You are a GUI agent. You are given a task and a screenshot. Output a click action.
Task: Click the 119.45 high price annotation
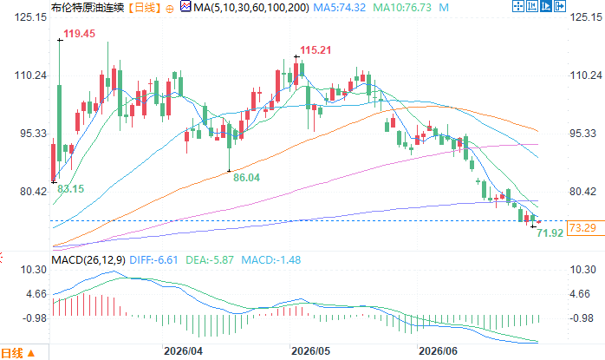79,34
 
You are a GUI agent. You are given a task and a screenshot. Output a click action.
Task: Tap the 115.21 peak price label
316,50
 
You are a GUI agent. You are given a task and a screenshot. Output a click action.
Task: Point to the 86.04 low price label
246,178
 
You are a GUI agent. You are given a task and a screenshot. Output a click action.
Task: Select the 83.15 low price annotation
70,189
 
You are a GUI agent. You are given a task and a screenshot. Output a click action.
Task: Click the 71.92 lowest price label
550,233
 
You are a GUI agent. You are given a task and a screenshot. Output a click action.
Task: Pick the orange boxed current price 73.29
582,228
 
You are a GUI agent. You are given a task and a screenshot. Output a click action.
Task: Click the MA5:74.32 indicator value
339,7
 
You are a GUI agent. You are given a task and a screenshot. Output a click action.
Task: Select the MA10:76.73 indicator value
402,7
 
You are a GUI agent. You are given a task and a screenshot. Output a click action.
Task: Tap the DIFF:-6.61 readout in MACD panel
153,260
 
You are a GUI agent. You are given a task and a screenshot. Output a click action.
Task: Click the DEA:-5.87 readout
210,260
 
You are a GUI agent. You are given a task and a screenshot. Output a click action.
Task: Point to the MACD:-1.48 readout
270,260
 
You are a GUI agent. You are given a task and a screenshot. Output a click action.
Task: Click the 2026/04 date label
183,351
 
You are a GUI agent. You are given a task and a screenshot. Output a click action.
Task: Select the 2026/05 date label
310,351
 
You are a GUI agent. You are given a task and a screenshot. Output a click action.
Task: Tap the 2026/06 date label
438,351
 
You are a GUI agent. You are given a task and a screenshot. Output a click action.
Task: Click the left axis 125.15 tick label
30,17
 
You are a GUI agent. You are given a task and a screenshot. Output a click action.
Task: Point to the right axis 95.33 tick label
583,134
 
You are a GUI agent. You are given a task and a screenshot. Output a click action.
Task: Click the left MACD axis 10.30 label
34,270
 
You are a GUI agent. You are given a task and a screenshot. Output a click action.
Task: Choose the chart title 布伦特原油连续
88,7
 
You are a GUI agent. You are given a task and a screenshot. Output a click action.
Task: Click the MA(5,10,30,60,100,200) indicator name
251,7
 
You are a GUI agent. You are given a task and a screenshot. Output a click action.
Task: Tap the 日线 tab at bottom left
12,353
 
